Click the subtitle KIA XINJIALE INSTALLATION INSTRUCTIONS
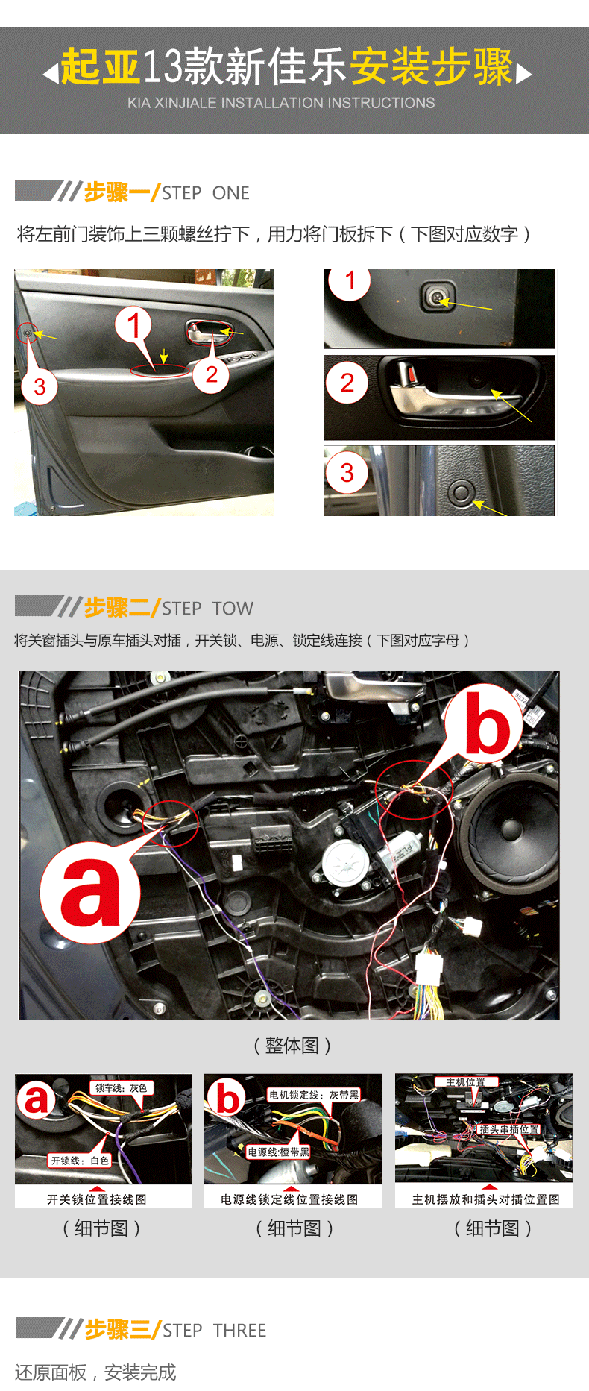pyautogui.click(x=281, y=103)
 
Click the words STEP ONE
pyautogui.click(x=206, y=193)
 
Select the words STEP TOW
pyautogui.click(x=207, y=609)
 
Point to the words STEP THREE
pyautogui.click(x=215, y=1331)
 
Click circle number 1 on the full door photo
pyautogui.click(x=133, y=325)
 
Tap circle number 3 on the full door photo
pyautogui.click(x=40, y=386)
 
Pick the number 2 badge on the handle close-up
pyautogui.click(x=347, y=383)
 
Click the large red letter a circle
pyautogui.click(x=89, y=893)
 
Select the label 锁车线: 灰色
pyautogui.click(x=122, y=1088)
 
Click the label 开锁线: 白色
pyautogui.click(x=80, y=1161)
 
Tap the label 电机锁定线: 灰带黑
pyautogui.click(x=314, y=1095)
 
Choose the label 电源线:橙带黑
pyautogui.click(x=279, y=1152)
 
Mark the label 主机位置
pyautogui.click(x=466, y=1082)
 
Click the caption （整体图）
pyautogui.click(x=292, y=1046)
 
